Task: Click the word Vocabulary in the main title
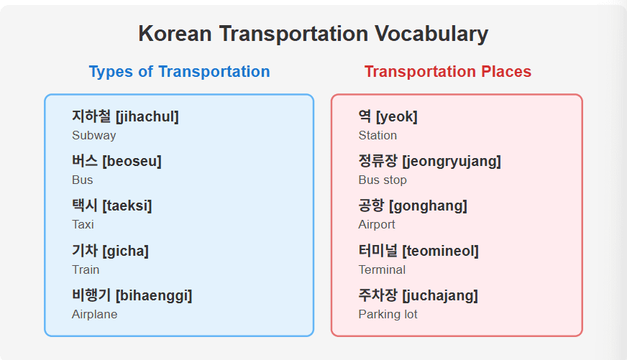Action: [x=431, y=34]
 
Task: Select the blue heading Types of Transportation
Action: [x=179, y=72]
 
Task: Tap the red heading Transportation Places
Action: [x=448, y=72]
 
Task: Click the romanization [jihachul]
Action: [x=147, y=116]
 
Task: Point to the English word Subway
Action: [x=94, y=136]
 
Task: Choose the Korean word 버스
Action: [x=85, y=161]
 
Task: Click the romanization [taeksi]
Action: [x=127, y=206]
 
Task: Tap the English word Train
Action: [x=86, y=269]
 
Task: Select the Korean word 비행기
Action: [x=91, y=295]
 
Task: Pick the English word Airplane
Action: [x=94, y=315]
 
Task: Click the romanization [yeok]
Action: [x=397, y=116]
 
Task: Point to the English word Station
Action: [x=377, y=136]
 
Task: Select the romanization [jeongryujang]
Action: [x=452, y=162]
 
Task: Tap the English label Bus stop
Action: [x=383, y=180]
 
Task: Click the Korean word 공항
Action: [x=371, y=206]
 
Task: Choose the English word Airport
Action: [x=377, y=224]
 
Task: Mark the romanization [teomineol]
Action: [x=440, y=251]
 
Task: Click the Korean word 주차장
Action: [x=378, y=295]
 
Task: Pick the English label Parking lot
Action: [x=388, y=315]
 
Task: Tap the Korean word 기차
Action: [x=85, y=251]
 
